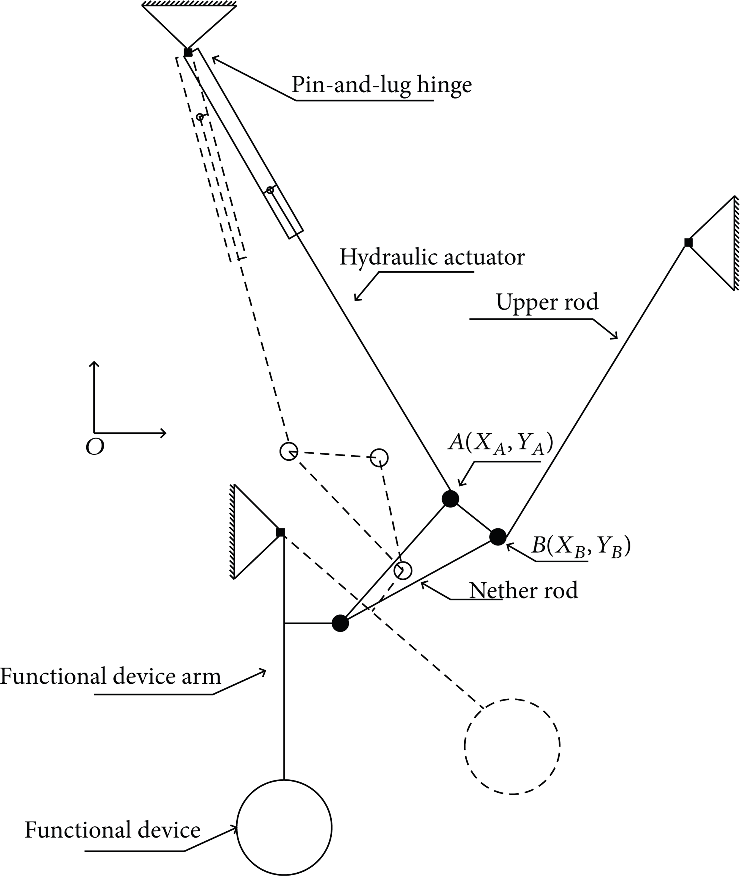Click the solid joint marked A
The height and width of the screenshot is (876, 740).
[x=450, y=499]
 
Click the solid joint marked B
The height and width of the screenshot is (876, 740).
[x=498, y=537]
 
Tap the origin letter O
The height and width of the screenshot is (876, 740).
[x=95, y=448]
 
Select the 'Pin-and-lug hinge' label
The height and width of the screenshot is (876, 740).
[x=382, y=85]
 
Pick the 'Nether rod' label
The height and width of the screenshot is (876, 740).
[x=524, y=590]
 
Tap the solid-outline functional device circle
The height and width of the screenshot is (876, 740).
[x=284, y=828]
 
